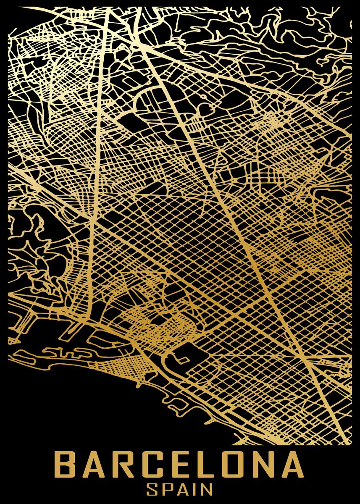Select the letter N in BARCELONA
point(261,465)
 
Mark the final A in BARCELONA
point(291,465)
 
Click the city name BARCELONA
point(179,465)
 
